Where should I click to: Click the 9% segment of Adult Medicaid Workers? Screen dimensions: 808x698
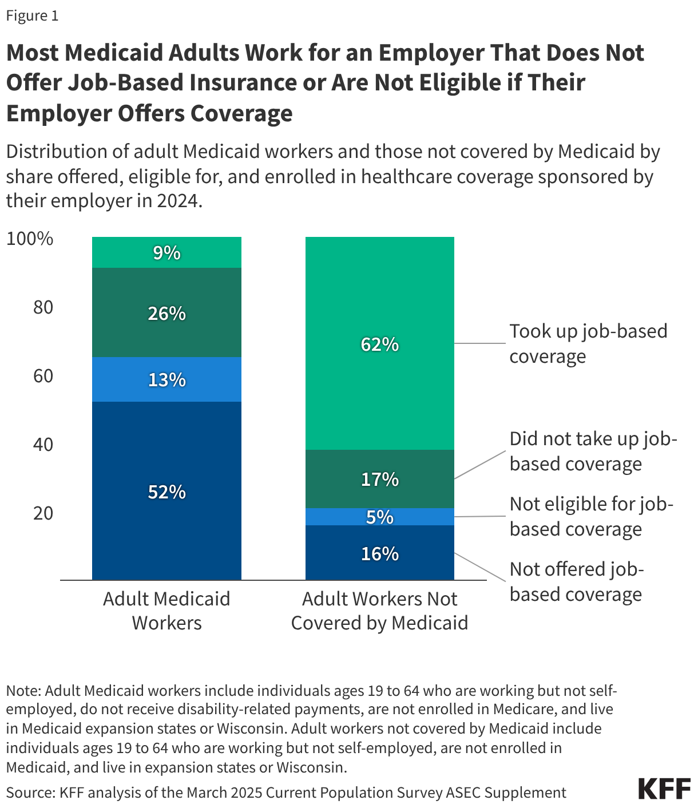pyautogui.click(x=166, y=252)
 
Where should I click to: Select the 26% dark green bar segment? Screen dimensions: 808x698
pyautogui.click(x=166, y=312)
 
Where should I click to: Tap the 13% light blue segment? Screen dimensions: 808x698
pyautogui.click(x=166, y=379)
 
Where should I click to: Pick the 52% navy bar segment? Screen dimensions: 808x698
pyautogui.click(x=166, y=491)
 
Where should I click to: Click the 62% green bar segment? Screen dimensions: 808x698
pyautogui.click(x=379, y=343)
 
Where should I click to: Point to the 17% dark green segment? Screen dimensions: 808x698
pyautogui.click(x=379, y=478)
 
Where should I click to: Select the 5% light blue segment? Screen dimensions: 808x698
pyautogui.click(x=379, y=517)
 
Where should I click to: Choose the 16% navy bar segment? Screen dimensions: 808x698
pyautogui.click(x=379, y=553)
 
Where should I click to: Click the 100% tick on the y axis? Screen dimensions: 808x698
pyautogui.click(x=30, y=239)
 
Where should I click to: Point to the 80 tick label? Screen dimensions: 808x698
pyautogui.click(x=43, y=307)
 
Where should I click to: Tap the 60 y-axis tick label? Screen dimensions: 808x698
pyautogui.click(x=43, y=376)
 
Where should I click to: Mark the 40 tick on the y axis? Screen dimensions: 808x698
pyautogui.click(x=43, y=445)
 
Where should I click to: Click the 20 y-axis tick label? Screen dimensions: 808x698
pyautogui.click(x=43, y=513)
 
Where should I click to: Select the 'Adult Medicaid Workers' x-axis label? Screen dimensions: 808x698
pyautogui.click(x=166, y=611)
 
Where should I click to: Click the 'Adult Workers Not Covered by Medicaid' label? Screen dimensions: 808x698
pyautogui.click(x=379, y=611)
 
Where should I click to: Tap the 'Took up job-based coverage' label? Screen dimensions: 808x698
pyautogui.click(x=588, y=343)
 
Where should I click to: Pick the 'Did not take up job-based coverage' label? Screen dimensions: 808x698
pyautogui.click(x=593, y=451)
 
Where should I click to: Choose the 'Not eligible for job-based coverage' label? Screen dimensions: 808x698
pyautogui.click(x=591, y=516)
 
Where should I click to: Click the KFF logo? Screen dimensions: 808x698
pyautogui.click(x=664, y=789)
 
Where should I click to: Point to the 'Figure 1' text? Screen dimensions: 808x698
pyautogui.click(x=32, y=15)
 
